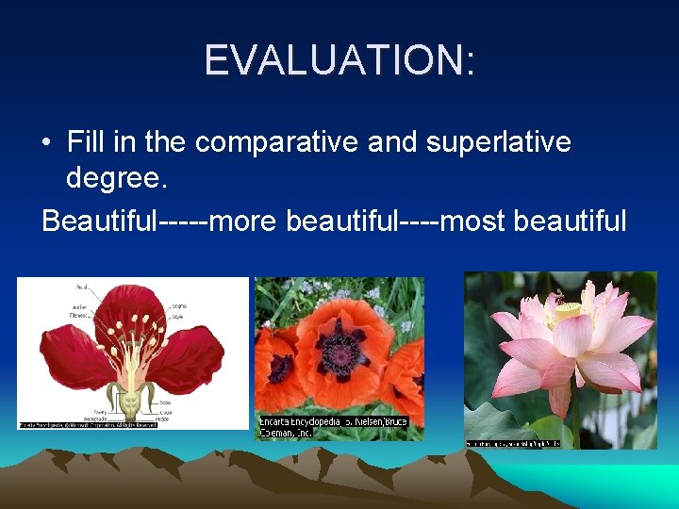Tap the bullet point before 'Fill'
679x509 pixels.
pyautogui.click(x=46, y=143)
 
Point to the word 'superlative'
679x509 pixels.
pyautogui.click(x=498, y=141)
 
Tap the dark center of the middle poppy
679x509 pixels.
pyautogui.click(x=339, y=353)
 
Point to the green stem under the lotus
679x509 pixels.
pyautogui.click(x=575, y=415)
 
